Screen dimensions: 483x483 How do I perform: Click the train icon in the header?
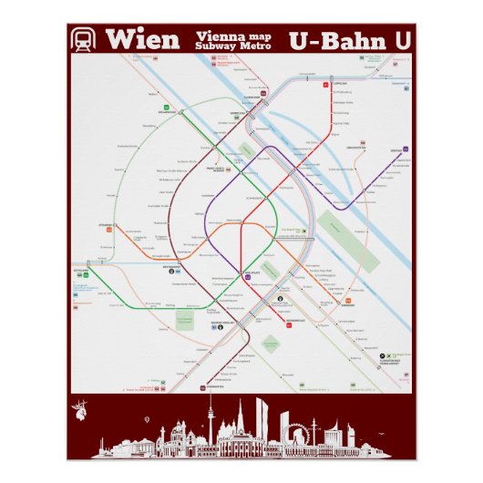tap(84, 40)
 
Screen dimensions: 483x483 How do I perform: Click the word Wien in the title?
tap(141, 40)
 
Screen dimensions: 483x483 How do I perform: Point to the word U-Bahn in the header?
tap(337, 40)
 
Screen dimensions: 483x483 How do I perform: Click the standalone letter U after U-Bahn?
tap(403, 40)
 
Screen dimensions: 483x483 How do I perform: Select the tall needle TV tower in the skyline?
tap(210, 419)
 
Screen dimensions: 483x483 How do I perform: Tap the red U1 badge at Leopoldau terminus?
tap(326, 85)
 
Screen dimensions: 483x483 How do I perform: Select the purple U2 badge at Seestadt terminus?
tap(407, 149)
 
